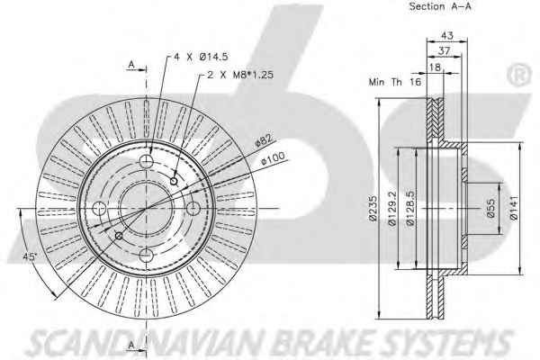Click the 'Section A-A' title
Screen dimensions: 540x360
point(440,6)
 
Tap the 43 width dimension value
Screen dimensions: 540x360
point(447,35)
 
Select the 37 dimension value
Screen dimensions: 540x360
point(445,50)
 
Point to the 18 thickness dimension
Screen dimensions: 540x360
point(436,67)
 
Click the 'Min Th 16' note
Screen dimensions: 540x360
point(395,82)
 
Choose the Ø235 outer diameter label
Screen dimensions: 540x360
point(373,209)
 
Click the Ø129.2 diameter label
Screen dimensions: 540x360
point(392,209)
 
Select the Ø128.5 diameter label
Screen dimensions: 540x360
point(410,209)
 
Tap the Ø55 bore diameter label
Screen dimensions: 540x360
point(491,209)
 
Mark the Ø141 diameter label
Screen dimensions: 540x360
point(514,208)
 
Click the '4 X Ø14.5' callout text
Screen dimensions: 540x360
point(201,57)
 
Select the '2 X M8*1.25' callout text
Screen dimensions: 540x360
point(240,75)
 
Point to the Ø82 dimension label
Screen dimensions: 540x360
point(264,140)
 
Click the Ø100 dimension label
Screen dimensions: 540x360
point(273,158)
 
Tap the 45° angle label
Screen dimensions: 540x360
point(30,256)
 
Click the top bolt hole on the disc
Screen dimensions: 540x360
point(146,161)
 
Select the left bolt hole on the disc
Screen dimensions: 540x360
point(99,208)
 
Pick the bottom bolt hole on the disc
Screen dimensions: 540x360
point(146,255)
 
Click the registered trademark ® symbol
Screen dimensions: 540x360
point(519,75)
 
